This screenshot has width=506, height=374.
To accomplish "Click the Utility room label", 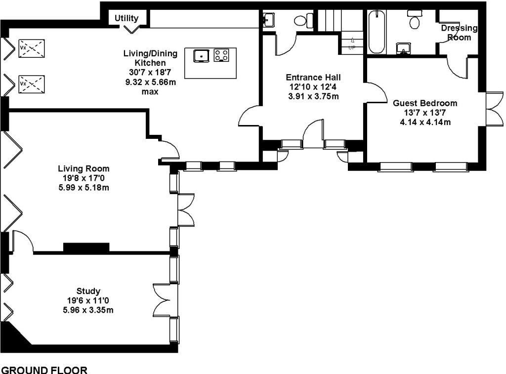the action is tap(126, 18).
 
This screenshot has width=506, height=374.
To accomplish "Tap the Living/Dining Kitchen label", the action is tap(150, 58).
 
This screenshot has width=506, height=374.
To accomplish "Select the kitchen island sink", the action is tap(202, 55).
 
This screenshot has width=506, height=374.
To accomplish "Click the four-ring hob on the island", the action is tap(221, 55).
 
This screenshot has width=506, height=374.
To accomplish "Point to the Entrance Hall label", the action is tap(313, 78).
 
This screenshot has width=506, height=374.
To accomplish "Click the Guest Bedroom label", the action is tap(425, 103).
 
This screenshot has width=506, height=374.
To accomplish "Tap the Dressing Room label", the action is tap(459, 33).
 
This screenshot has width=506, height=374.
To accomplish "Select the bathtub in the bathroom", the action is tap(377, 32).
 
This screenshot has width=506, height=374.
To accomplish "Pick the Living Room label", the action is tap(84, 168).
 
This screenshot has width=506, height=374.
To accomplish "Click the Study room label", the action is tap(88, 291).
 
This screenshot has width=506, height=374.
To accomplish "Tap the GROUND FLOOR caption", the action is tap(44, 370).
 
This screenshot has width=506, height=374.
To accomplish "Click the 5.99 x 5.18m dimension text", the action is tap(84, 187).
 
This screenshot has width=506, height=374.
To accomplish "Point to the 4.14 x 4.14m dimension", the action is tap(425, 123).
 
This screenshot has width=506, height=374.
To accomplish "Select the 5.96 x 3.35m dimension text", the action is tap(88, 310).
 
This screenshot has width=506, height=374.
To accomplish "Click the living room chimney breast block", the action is tap(86, 247).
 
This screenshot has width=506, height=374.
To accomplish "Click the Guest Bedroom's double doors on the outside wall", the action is tap(494, 109).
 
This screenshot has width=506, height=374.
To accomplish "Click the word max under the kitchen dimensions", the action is tap(150, 91).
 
